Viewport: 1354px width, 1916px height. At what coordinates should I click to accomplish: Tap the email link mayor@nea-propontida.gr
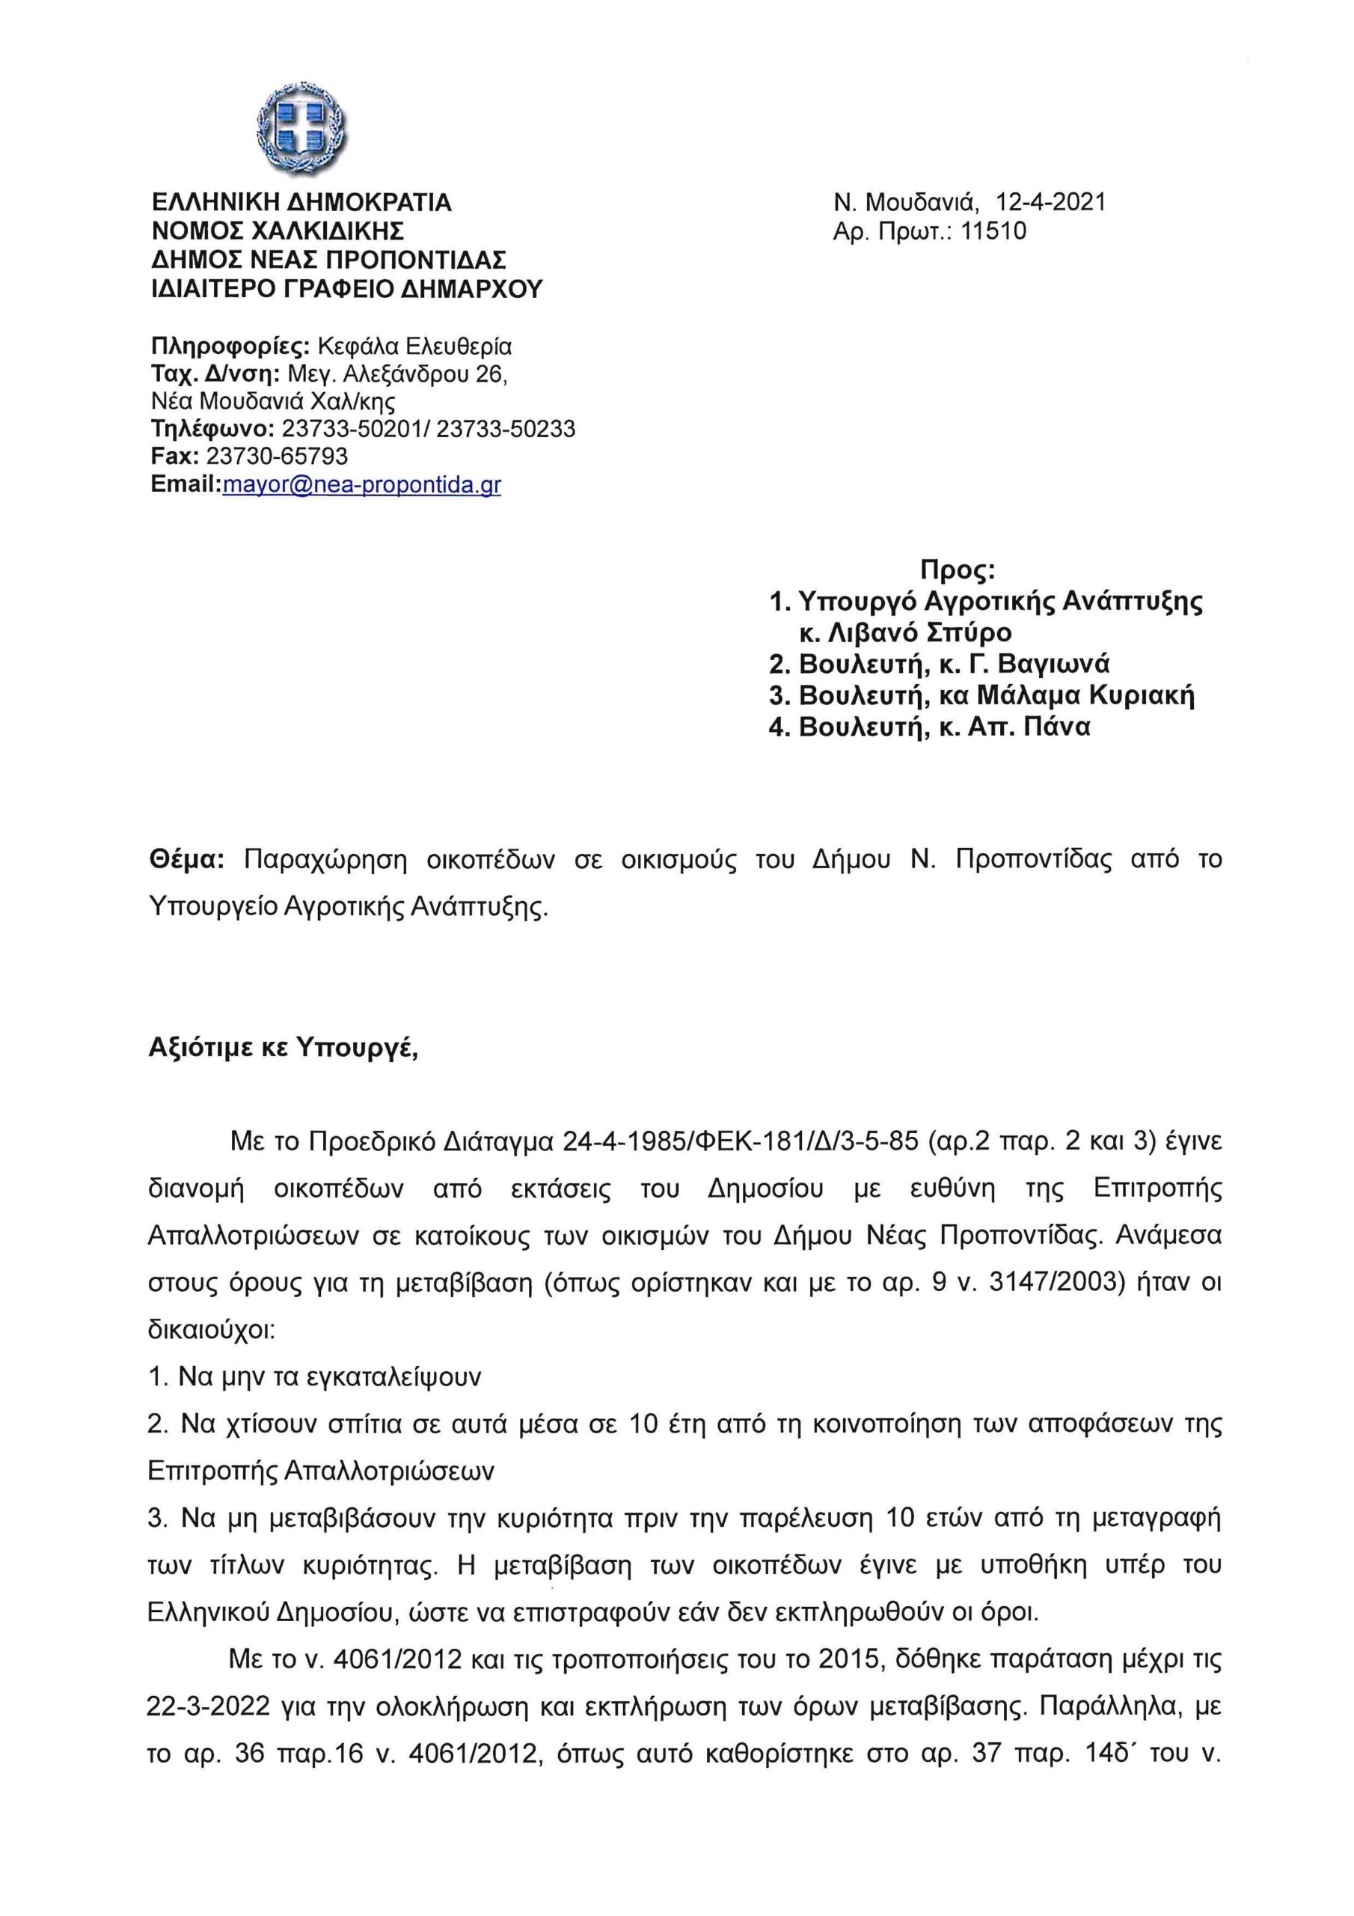[361, 485]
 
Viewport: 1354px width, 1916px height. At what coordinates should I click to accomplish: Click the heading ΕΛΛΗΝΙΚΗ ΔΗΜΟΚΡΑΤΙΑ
[301, 203]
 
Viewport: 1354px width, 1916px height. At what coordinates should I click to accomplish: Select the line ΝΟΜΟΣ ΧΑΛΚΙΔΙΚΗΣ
[278, 231]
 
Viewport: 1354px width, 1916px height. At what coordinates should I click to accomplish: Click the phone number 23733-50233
[506, 429]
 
